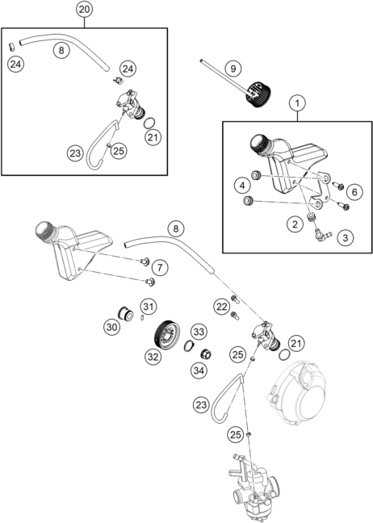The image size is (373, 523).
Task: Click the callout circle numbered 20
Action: click(84, 10)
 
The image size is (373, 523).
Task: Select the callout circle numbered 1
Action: click(297, 103)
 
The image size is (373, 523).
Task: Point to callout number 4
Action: click(242, 186)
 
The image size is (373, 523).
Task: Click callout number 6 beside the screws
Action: click(354, 192)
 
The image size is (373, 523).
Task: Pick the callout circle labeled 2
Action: click(295, 224)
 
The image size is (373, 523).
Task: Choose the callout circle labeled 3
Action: click(345, 238)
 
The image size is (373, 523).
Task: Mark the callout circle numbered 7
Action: click(161, 267)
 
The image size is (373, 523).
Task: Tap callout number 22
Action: click(222, 307)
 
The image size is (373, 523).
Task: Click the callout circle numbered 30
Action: click(111, 327)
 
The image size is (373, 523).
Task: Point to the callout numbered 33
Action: click(199, 332)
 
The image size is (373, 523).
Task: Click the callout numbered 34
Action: click(199, 370)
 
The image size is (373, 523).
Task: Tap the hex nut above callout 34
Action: click(206, 354)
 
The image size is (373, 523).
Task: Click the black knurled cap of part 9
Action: click(259, 94)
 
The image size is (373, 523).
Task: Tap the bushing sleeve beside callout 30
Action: click(126, 314)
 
